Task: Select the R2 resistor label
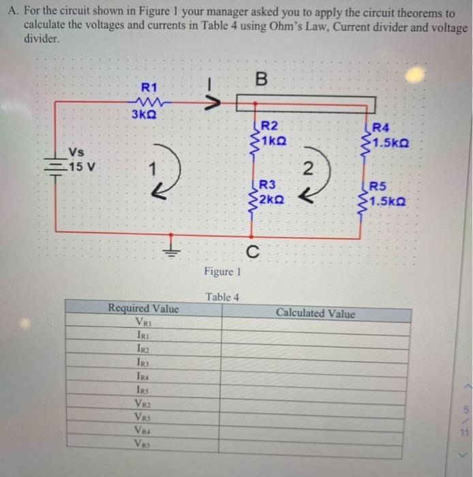tap(270, 125)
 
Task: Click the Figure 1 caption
tap(222, 272)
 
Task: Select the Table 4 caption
tap(222, 297)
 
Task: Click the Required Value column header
tap(144, 309)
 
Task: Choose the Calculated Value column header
tap(316, 313)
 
